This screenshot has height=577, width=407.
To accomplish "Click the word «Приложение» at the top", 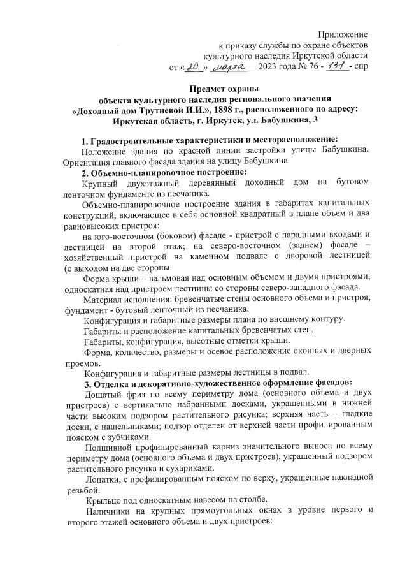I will point(343,33).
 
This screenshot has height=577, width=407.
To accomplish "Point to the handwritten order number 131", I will point(336,66).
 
